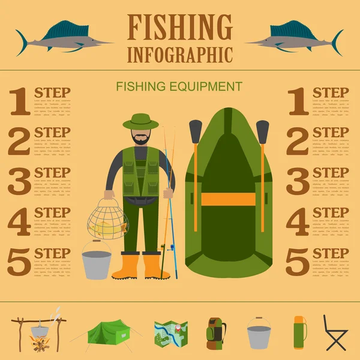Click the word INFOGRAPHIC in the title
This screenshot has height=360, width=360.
[180, 54]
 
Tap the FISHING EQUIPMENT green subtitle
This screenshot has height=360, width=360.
[180, 86]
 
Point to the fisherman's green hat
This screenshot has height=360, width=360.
[140, 121]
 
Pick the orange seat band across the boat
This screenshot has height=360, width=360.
[228, 199]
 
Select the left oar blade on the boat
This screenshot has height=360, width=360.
[195, 131]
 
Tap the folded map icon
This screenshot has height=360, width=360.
[171, 334]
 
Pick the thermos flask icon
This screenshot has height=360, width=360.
[298, 332]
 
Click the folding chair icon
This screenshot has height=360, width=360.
[335, 333]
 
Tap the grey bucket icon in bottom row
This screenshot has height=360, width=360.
[258, 335]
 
